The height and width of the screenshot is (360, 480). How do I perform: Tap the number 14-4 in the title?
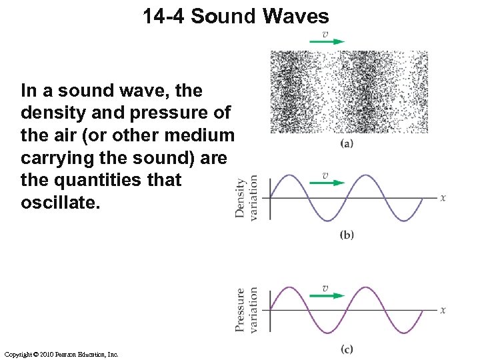163,16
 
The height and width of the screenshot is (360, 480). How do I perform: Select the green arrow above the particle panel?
327,41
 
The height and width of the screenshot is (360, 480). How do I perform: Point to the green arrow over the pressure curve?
327,295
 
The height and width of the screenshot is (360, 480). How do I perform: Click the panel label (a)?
347,143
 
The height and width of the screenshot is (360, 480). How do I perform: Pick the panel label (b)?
347,234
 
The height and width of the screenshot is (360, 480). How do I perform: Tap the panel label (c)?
347,349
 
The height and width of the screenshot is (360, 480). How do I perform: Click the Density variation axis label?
246,198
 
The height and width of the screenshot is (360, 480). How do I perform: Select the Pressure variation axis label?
246,310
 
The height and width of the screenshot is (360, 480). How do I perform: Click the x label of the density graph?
443,197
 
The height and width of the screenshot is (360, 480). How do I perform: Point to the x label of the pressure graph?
443,310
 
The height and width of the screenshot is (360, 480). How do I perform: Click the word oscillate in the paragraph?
60,202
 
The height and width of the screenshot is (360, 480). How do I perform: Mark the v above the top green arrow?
325,33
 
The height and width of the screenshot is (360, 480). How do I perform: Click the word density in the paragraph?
50,112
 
